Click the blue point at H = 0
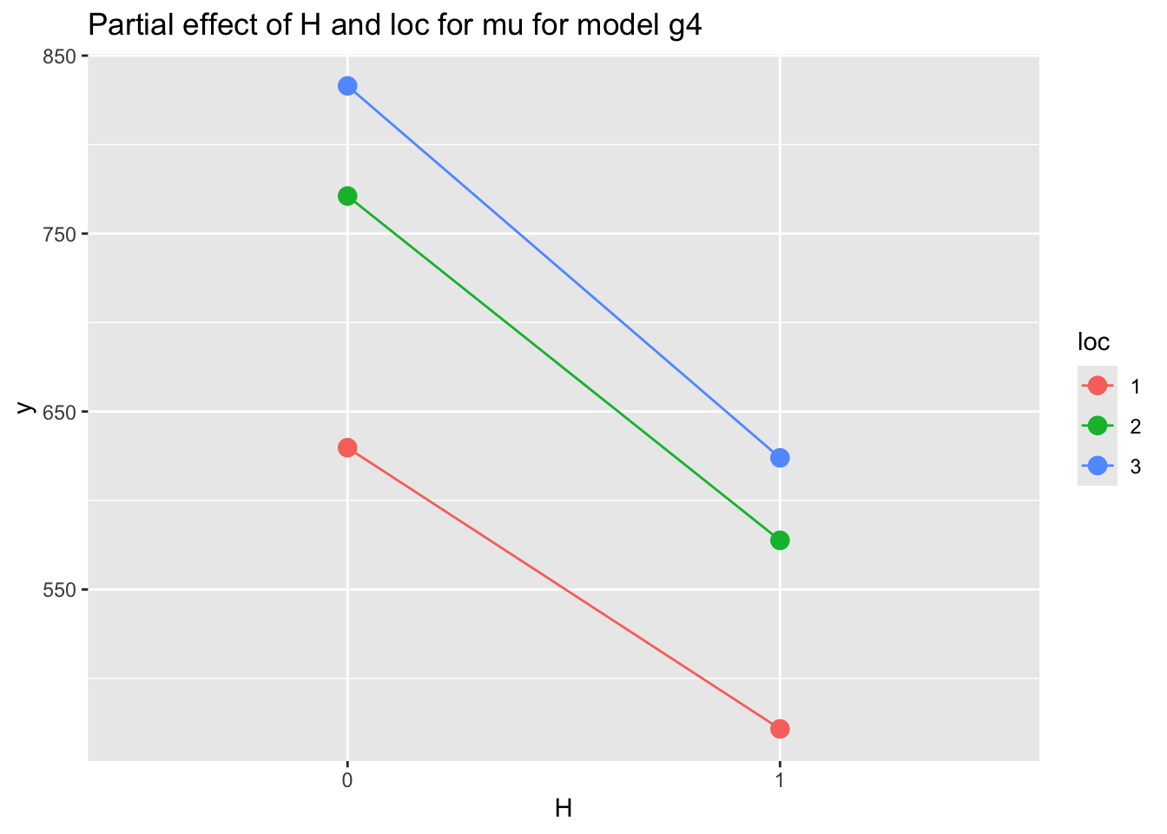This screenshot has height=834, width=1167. pos(347,86)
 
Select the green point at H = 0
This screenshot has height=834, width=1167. pos(347,196)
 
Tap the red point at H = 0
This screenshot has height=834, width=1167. pos(347,447)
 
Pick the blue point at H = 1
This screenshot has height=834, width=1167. pos(780,458)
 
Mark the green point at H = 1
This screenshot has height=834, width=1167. pos(780,540)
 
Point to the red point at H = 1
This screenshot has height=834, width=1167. pos(780,729)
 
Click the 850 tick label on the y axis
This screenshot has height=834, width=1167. pos(61,56)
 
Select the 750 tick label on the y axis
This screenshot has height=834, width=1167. pos(61,234)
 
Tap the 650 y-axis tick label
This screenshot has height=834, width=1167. pos(61,412)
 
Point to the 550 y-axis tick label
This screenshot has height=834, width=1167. pos(61,589)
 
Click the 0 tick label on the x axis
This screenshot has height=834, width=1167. pos(347,780)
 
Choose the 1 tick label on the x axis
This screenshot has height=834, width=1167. pos(780,780)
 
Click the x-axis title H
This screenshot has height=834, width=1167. pos(564,810)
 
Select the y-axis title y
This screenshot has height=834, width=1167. pos(26,408)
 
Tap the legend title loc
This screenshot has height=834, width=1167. pos(1093,342)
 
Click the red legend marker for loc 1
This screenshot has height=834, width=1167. pos(1097,385)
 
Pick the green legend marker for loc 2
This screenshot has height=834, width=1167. pos(1097,426)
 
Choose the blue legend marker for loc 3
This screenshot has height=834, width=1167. pos(1097,466)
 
